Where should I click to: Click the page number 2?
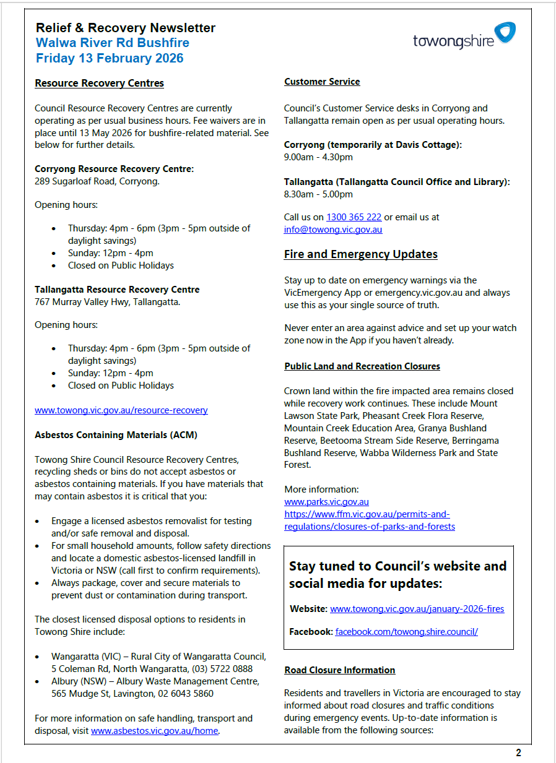[518, 752]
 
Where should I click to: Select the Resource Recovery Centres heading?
[99, 83]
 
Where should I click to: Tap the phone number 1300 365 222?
[354, 217]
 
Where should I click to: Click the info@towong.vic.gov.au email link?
[333, 230]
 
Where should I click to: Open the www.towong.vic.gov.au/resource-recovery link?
[121, 410]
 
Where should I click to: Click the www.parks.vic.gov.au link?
[326, 502]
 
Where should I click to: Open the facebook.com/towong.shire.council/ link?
[406, 632]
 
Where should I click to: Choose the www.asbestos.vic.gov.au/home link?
[155, 731]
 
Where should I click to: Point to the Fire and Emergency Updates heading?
[360, 254]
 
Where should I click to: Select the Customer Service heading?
[322, 82]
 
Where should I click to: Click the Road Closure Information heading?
[339, 670]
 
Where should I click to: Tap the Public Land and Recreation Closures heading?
[362, 366]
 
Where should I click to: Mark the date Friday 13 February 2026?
[110, 58]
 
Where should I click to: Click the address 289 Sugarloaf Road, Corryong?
[97, 181]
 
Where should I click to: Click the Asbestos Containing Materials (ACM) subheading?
[116, 435]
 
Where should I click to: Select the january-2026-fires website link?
[417, 609]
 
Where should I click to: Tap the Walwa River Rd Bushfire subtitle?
[112, 43]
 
